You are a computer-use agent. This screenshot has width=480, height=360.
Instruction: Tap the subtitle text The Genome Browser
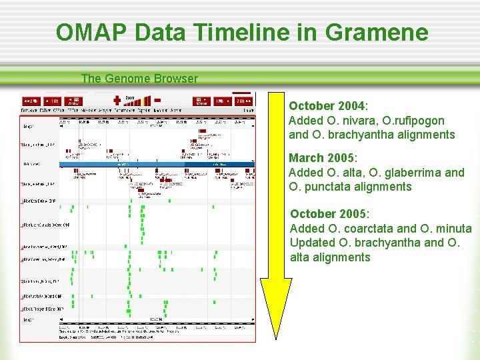coord(139,79)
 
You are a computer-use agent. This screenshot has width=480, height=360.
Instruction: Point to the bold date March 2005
coord(322,159)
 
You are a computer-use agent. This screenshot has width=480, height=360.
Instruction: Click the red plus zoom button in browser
coord(117,99)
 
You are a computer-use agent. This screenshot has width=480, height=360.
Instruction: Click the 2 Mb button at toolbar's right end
coord(242,101)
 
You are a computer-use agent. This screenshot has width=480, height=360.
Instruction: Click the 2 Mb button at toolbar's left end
coord(31,101)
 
